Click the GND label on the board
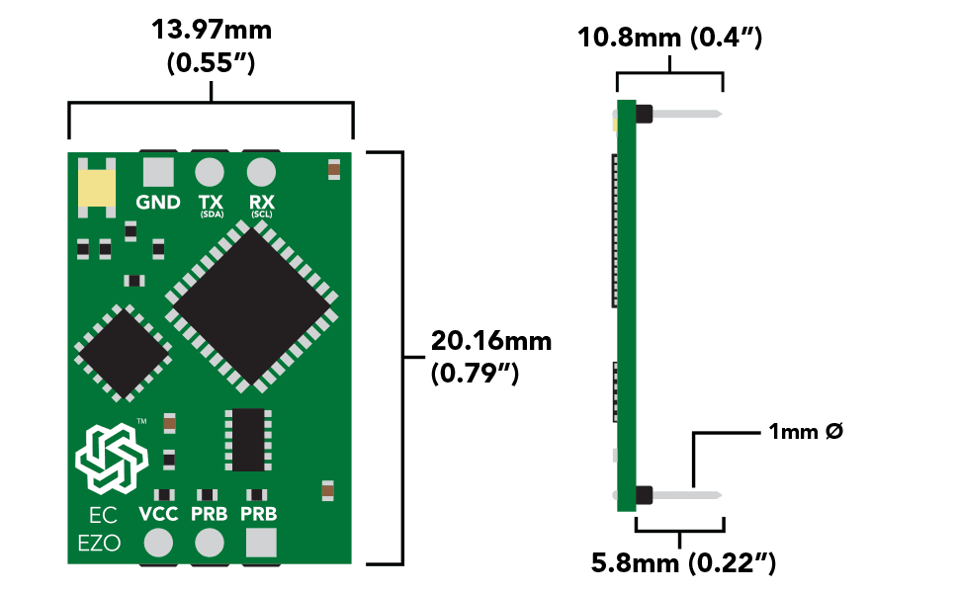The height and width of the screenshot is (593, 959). (x=158, y=203)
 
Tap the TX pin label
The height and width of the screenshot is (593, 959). (x=210, y=201)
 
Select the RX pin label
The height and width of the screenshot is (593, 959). (x=261, y=201)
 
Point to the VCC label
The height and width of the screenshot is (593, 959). (x=158, y=514)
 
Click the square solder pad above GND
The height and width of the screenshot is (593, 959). (x=158, y=172)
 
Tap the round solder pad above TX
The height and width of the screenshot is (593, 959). (x=210, y=172)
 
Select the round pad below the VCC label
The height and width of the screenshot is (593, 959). (x=158, y=543)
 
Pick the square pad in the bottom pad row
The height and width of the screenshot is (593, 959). (x=261, y=543)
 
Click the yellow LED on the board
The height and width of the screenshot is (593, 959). (x=97, y=188)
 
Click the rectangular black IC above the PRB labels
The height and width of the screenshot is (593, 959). (x=248, y=440)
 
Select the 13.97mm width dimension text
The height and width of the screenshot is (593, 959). (x=211, y=30)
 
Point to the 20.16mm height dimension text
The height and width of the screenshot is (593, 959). (x=491, y=341)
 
